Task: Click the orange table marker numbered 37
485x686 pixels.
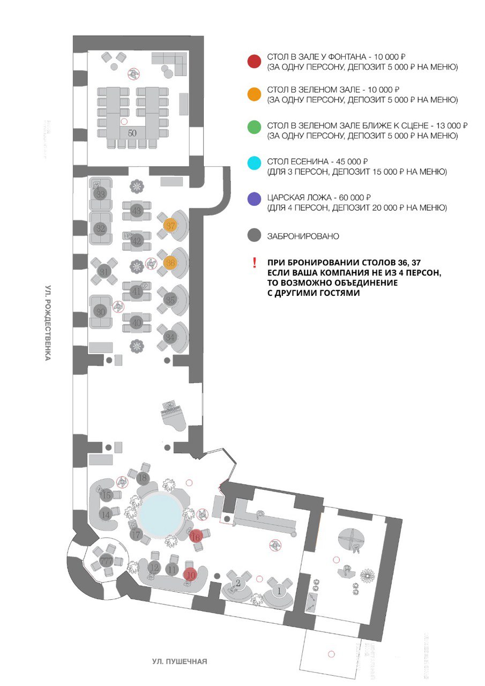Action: [170, 226]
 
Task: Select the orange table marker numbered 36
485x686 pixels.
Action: [170, 263]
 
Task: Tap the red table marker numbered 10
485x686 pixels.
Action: [190, 575]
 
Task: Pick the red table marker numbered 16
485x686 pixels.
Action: [196, 536]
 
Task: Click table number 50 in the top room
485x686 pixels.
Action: [132, 131]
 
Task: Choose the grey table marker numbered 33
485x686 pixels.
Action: [100, 193]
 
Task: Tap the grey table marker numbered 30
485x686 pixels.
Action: [100, 310]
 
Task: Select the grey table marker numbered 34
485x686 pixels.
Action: [170, 337]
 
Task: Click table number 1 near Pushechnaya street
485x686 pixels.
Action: [278, 592]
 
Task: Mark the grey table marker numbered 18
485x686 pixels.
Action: [142, 478]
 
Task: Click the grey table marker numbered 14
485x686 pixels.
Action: [106, 514]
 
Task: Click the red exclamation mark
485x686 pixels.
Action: [255, 263]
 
